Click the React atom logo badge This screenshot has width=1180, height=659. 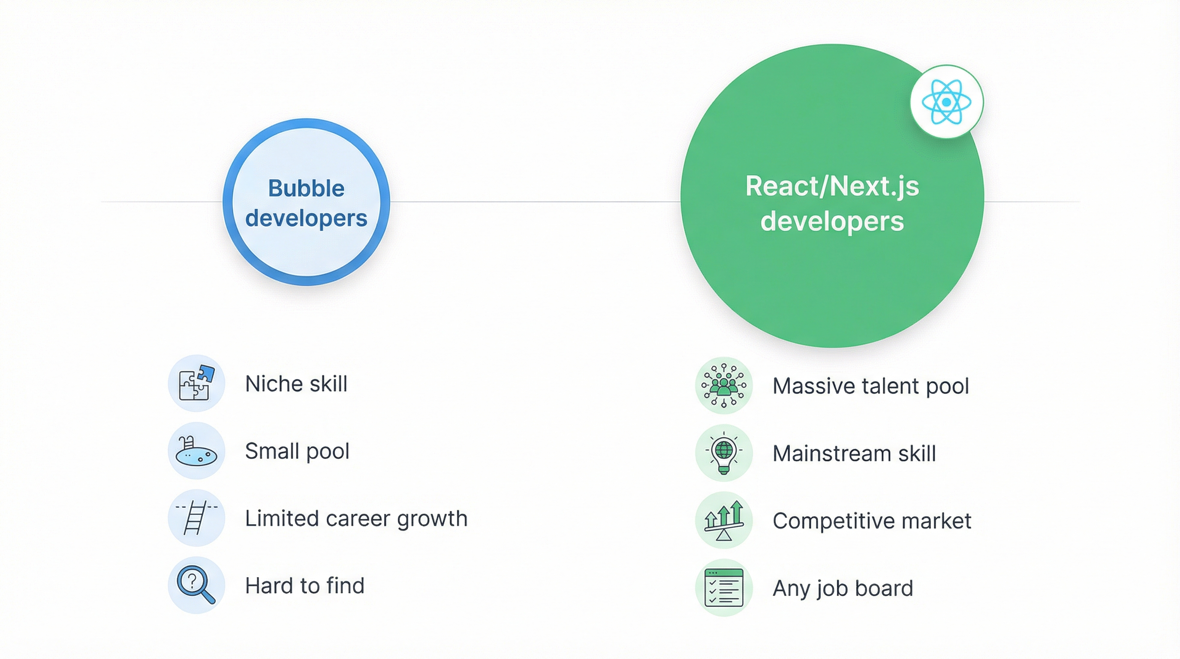946,102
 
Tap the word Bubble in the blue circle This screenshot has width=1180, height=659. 306,188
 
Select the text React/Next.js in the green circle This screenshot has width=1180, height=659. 832,187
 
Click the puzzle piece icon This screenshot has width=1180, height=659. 196,383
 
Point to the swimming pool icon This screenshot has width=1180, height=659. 196,451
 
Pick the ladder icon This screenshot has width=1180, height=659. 196,518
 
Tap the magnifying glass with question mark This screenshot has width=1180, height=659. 196,585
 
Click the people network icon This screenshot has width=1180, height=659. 724,385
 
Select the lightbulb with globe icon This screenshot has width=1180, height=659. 724,453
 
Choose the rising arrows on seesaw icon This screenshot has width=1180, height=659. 724,520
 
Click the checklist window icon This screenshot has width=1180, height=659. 724,587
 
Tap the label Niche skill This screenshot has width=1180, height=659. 296,384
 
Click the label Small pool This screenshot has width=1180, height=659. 297,451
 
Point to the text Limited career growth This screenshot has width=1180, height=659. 356,519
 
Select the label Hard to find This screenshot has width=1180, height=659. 304,586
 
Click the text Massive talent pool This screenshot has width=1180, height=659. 870,386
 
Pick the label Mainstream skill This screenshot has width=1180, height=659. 854,453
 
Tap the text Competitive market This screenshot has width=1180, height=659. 872,521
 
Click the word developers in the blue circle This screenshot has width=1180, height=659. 306,218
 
